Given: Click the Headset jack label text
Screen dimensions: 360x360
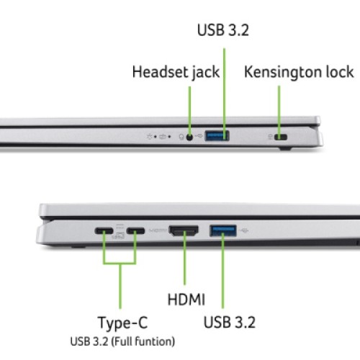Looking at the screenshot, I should [176, 73].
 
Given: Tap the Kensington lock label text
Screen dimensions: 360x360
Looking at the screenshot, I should [299, 73].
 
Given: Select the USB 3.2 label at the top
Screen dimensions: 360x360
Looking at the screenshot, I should [223, 31].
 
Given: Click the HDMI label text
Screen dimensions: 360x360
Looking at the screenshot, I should [186, 299].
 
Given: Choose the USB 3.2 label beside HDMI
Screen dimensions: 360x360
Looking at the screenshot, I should [230, 321].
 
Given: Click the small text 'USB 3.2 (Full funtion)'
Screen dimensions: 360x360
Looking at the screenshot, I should [122, 341].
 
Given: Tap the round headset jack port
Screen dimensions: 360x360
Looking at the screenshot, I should [191, 135].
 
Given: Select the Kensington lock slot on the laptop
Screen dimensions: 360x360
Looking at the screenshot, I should [279, 136].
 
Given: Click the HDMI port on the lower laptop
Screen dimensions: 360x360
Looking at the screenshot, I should [186, 232].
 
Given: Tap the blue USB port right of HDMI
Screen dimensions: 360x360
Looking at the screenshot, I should [222, 231].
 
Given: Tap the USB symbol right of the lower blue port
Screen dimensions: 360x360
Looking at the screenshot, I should [247, 231].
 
